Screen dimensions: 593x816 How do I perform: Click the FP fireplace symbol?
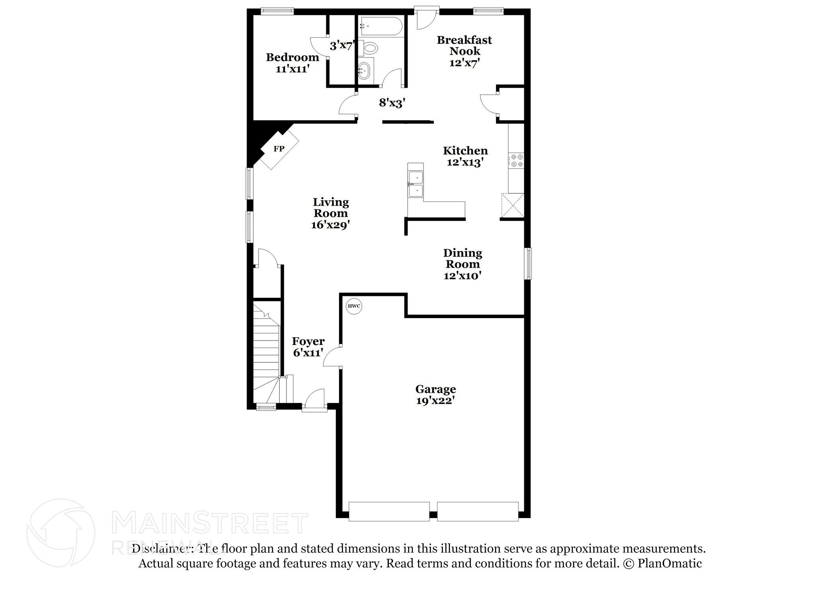[x=279, y=149]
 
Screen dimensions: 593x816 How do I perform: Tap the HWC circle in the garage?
[x=354, y=306]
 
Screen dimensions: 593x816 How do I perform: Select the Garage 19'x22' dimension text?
[x=435, y=401]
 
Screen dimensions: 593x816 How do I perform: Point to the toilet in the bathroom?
[x=370, y=49]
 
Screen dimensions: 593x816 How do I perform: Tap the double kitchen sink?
[x=416, y=184]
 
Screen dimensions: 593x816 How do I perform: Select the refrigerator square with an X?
[x=512, y=205]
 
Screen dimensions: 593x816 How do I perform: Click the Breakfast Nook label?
[x=464, y=45]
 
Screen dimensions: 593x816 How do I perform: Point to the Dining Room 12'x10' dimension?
[x=463, y=276]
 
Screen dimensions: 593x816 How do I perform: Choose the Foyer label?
[x=308, y=341]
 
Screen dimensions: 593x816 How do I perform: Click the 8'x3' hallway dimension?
[x=392, y=103]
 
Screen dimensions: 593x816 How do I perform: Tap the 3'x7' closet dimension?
[x=342, y=46]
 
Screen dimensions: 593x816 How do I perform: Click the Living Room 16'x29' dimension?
[x=330, y=225]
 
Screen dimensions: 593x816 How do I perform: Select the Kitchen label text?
[x=465, y=151]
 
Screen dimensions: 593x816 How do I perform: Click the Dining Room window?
[x=528, y=263]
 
